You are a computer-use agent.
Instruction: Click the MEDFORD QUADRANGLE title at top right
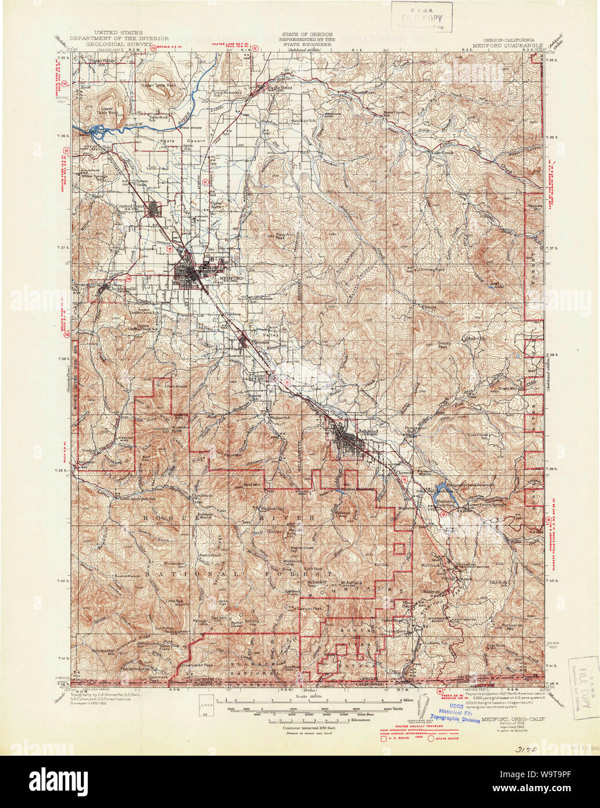pyautogui.click(x=508, y=44)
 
